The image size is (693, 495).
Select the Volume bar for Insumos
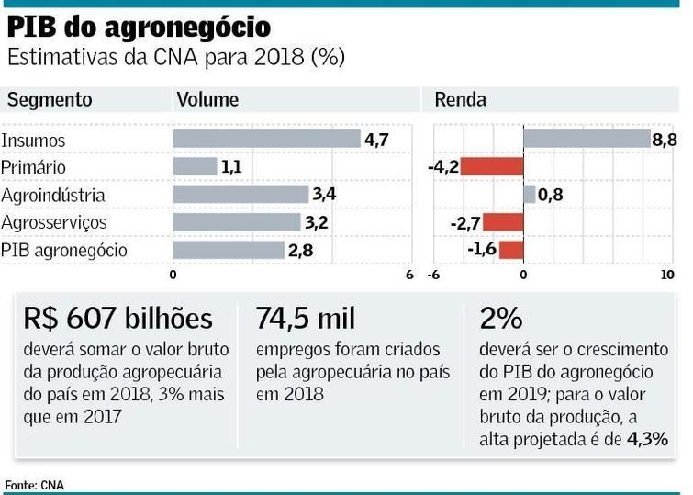click(266, 140)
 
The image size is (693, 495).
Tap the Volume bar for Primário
click(195, 167)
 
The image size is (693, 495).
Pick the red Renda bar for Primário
click(491, 167)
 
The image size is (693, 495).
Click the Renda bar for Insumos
click(587, 140)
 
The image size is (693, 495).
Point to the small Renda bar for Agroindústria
click(530, 195)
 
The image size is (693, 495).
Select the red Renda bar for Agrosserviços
click(503, 222)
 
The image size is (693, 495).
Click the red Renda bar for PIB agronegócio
click(511, 250)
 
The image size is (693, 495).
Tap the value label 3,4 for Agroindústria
click(324, 195)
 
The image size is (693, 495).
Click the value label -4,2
click(442, 167)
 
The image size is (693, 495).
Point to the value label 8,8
click(665, 140)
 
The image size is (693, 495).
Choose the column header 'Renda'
click(460, 99)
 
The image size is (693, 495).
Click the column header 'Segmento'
click(46, 99)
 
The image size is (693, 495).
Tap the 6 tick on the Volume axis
click(409, 275)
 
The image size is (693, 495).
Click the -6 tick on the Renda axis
click(432, 275)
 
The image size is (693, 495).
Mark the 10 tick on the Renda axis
click(667, 275)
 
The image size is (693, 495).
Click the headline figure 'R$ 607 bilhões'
click(118, 319)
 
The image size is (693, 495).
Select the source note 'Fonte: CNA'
click(35, 484)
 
